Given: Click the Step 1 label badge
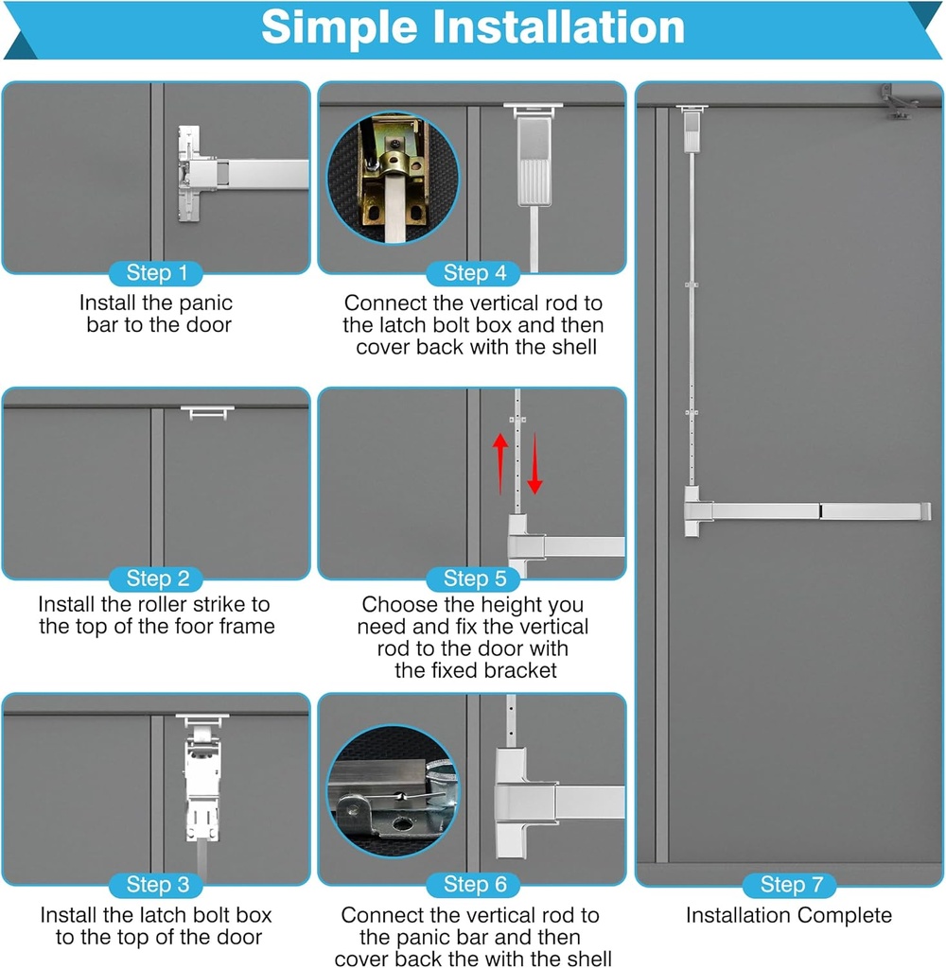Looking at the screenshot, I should tap(156, 274).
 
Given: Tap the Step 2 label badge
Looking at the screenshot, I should tap(156, 579).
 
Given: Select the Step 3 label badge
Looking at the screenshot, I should tap(156, 885).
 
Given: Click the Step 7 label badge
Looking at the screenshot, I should tap(790, 885).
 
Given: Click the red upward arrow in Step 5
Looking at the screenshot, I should tap(501, 463).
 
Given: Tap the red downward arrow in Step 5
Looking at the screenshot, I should tap(534, 463).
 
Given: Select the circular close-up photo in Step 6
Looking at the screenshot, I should tap(392, 790).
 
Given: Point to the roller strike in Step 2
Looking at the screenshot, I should tap(207, 412).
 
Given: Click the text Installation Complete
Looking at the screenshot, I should tap(788, 915).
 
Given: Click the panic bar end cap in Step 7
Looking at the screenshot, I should tap(925, 511).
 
